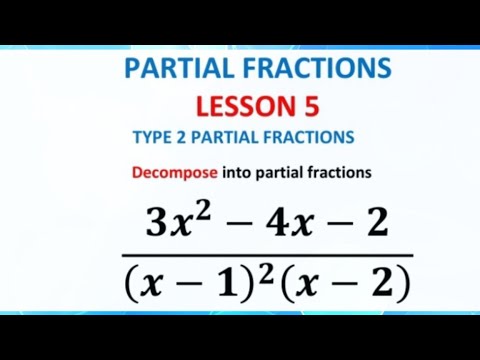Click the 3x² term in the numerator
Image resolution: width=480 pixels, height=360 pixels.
[x=175, y=221]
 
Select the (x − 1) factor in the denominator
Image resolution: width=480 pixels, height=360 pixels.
[x=189, y=285]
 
